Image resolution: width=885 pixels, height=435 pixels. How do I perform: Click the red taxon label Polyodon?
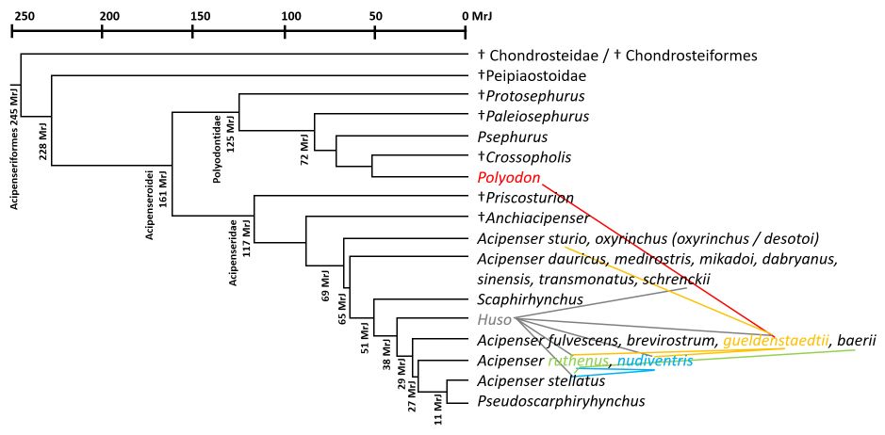pos(508,177)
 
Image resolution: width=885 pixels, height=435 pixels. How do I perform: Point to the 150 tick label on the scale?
pos(192,16)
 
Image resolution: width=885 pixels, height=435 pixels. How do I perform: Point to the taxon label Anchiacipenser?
pos(537,217)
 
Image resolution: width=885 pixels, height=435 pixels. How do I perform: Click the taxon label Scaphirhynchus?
pos(531,299)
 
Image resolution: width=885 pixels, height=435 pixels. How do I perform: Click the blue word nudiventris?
pos(655,361)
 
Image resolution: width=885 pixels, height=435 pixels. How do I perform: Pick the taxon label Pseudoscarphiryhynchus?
pos(561,401)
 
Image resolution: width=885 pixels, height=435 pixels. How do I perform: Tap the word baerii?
pos(857,340)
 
